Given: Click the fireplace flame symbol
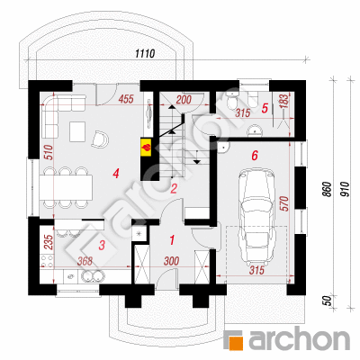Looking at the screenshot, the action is (147, 148).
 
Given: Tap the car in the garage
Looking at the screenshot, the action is (257, 215).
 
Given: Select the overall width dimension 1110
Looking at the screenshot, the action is (145, 53).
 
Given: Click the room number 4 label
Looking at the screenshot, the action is (116, 174).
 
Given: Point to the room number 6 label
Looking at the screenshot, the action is (255, 156).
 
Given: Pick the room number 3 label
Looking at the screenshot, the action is (102, 245).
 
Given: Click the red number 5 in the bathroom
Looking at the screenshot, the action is (265, 108).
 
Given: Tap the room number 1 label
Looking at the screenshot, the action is (172, 240).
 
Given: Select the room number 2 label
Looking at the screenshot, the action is (174, 189).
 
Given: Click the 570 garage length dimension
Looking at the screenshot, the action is (284, 203).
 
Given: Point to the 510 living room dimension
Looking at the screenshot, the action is (49, 152).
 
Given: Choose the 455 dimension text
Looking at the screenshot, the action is (125, 99).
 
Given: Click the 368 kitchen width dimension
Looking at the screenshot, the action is (85, 261).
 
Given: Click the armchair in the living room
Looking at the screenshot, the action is (100, 139).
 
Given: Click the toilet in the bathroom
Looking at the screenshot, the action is (233, 100).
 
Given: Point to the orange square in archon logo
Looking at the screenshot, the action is (236, 340).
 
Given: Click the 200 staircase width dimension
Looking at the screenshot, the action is (184, 100).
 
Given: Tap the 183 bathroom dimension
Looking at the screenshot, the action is (284, 101).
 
